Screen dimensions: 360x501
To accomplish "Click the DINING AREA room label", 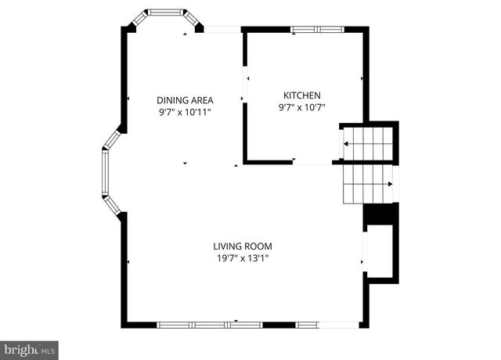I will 185,99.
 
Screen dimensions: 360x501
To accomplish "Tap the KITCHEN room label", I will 301,95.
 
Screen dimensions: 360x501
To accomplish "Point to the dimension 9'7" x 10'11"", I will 185,112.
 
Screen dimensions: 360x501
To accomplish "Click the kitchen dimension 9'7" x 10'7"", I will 301,107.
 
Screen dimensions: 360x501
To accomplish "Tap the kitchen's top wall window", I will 316,30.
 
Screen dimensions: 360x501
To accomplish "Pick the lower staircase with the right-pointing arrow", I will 367,183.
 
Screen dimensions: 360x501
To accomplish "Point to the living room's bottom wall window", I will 235,324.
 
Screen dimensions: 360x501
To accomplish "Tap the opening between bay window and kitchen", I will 223,30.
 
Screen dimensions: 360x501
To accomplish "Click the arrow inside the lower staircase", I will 389,184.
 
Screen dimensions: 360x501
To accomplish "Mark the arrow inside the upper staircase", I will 345,143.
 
